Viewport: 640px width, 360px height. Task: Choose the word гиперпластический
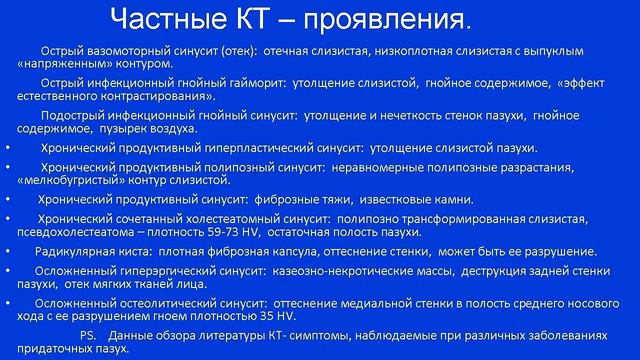pos(234,148)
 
